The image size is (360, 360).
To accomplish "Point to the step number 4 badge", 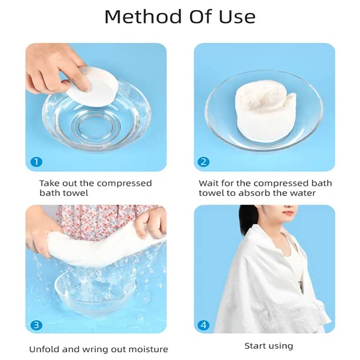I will tap(204, 324).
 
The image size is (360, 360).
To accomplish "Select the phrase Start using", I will tap(268, 346).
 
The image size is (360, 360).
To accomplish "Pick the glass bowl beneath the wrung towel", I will tap(88, 288).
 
